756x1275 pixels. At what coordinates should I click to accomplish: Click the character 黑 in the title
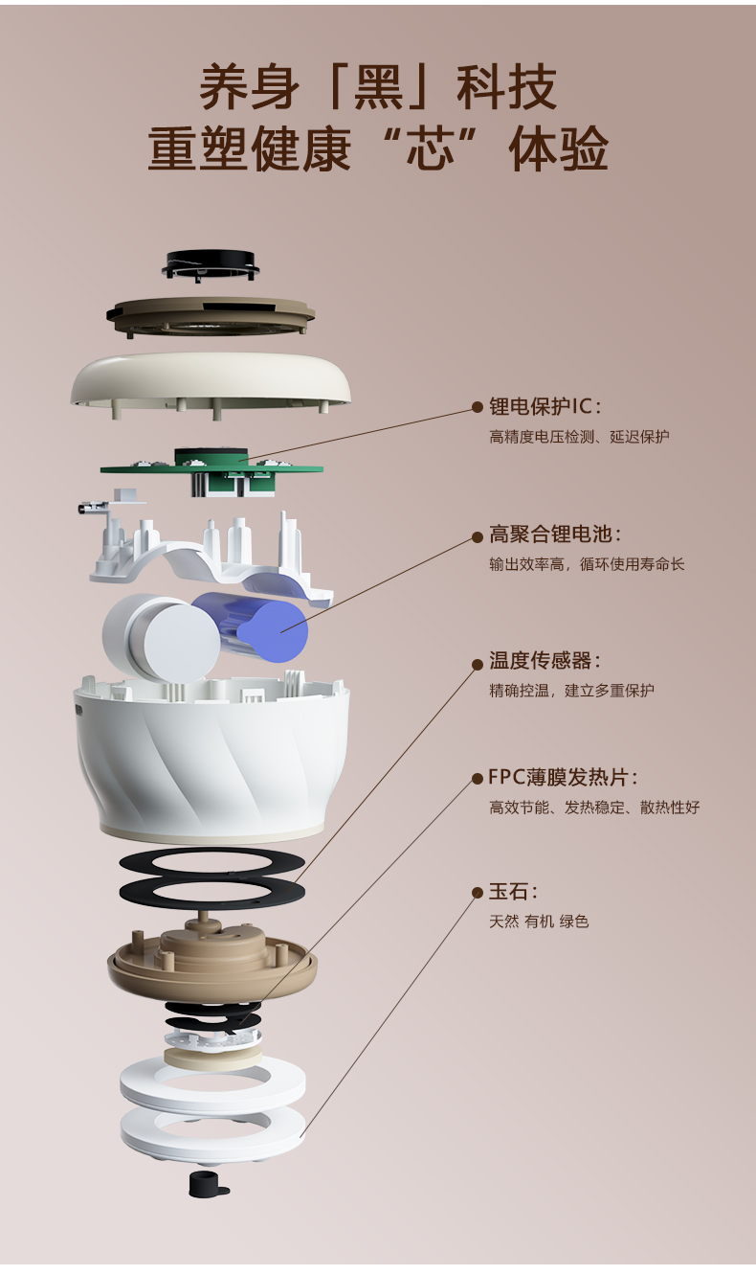378,89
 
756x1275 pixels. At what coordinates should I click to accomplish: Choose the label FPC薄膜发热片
563,777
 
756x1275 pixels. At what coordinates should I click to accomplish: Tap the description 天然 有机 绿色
539,922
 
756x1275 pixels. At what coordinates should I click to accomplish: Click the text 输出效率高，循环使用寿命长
587,564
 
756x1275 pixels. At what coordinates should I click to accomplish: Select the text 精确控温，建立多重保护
571,691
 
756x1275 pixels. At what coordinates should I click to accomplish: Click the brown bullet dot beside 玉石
478,892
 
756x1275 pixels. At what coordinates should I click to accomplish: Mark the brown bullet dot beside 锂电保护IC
478,406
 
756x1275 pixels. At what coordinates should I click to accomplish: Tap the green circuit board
212,467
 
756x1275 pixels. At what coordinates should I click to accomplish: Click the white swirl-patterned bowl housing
211,757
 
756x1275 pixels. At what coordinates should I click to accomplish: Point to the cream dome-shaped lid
211,378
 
